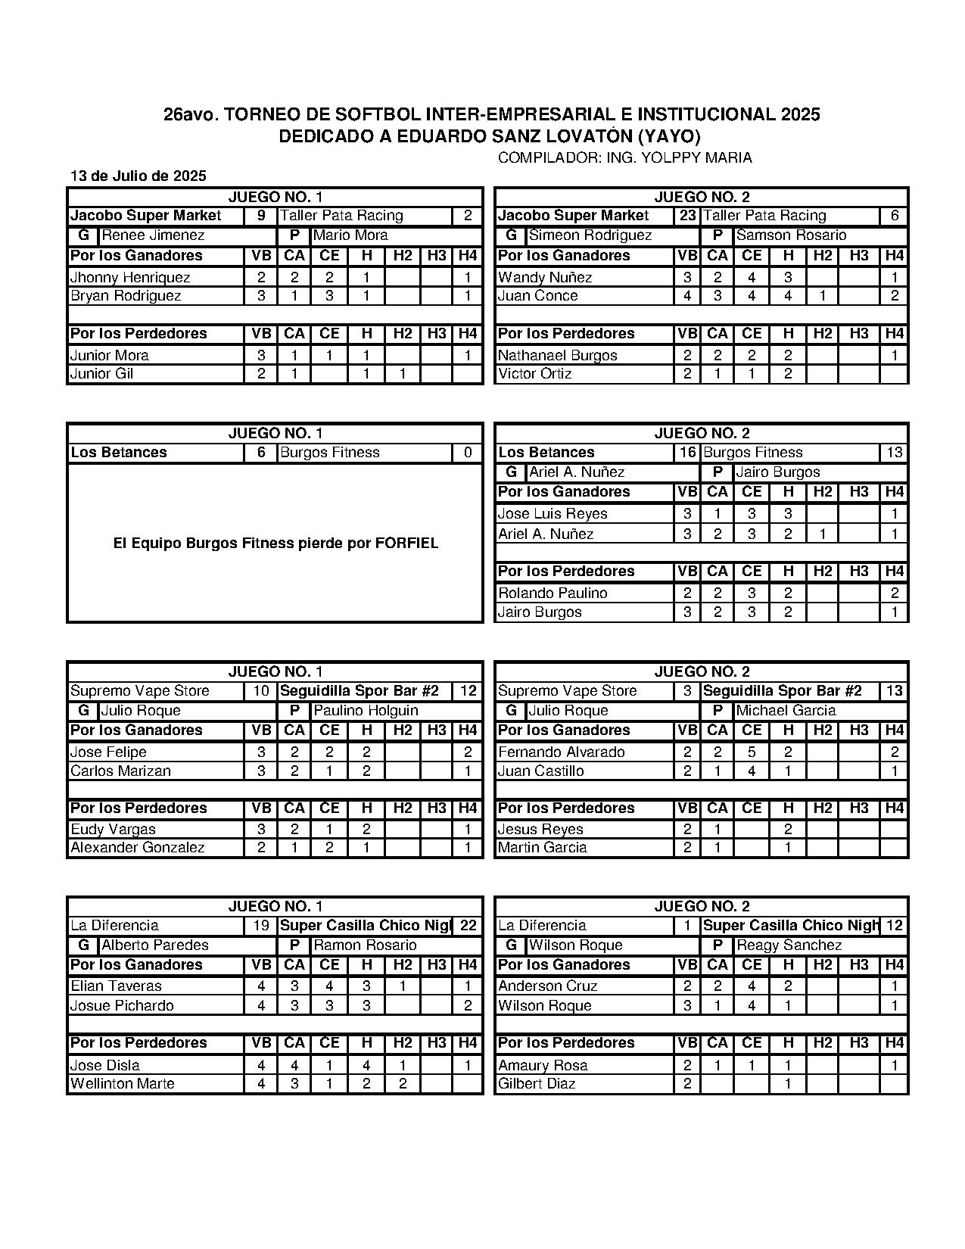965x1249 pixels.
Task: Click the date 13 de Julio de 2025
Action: (x=138, y=176)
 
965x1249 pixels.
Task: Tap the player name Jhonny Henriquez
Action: (x=129, y=277)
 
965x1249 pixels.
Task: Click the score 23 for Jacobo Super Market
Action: (x=687, y=216)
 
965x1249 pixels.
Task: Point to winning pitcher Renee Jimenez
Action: (x=153, y=235)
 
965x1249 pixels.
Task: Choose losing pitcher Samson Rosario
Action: (x=791, y=235)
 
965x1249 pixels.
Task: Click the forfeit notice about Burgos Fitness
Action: (x=275, y=544)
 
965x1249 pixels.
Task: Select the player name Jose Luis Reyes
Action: (x=553, y=513)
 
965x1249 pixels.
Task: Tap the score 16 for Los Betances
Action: (x=687, y=453)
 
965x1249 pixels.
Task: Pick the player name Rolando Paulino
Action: (x=553, y=593)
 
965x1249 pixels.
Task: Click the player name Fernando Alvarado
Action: (x=561, y=752)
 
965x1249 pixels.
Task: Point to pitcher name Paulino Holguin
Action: (x=366, y=711)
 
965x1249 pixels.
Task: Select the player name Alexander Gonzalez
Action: (x=137, y=848)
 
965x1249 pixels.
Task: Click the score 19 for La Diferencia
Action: (x=261, y=926)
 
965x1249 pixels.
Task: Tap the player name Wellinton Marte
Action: (x=122, y=1084)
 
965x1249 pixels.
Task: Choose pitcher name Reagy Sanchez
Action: (x=789, y=945)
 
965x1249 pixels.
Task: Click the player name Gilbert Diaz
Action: (x=537, y=1084)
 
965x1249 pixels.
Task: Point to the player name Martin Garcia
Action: (x=542, y=848)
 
